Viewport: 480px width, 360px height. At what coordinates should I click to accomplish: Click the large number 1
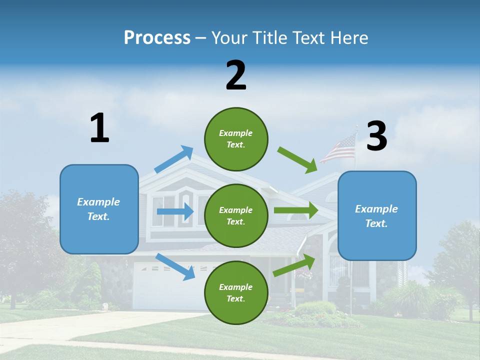(x=99, y=128)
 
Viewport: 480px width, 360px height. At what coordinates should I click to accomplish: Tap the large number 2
(x=236, y=75)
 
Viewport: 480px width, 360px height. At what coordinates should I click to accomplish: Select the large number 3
(x=376, y=136)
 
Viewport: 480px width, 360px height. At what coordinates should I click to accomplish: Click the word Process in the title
(x=157, y=37)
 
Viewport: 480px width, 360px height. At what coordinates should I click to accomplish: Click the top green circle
(x=236, y=139)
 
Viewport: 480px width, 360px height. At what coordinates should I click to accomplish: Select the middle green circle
(x=236, y=215)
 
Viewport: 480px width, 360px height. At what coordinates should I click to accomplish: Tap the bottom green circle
(x=236, y=292)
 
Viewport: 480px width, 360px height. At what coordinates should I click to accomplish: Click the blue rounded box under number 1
(x=99, y=209)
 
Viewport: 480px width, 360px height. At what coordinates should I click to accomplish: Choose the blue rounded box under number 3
(x=377, y=215)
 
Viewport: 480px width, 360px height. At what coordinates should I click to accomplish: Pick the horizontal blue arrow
(x=175, y=211)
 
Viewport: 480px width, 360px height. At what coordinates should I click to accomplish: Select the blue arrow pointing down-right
(x=175, y=266)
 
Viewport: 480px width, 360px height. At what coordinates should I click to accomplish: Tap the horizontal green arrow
(x=296, y=210)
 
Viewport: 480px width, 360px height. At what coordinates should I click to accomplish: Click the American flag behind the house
(x=338, y=149)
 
